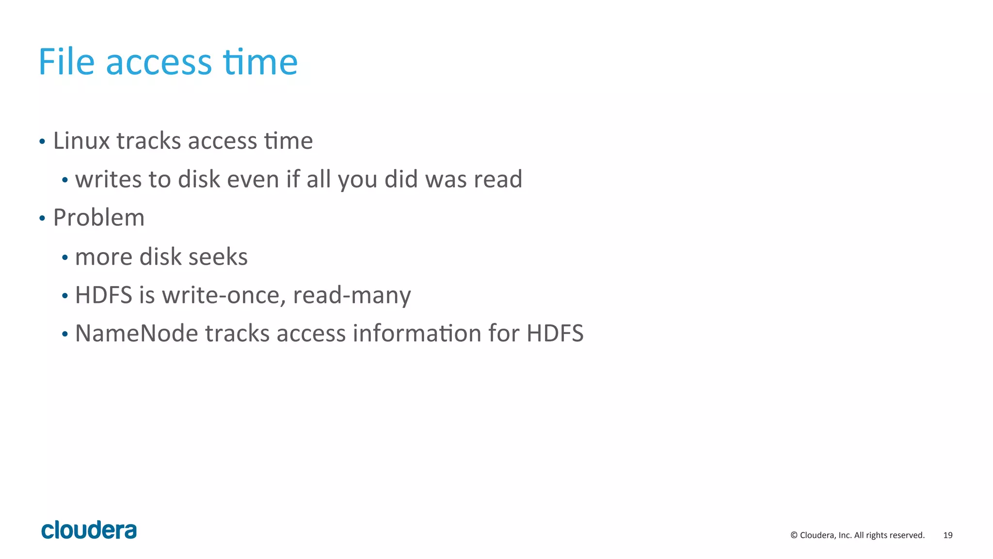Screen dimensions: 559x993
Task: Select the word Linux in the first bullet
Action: click(81, 141)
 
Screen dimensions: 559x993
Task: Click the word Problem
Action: click(99, 218)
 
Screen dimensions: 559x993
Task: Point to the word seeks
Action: click(218, 256)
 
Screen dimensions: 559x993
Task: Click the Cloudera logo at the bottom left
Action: click(89, 530)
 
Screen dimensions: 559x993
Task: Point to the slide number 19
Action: click(948, 535)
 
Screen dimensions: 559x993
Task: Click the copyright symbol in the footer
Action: click(794, 535)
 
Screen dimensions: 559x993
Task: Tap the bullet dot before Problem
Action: click(42, 219)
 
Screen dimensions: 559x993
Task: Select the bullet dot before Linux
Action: click(42, 142)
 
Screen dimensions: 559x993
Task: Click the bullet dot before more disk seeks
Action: click(64, 257)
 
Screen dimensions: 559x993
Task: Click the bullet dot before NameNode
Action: click(64, 335)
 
